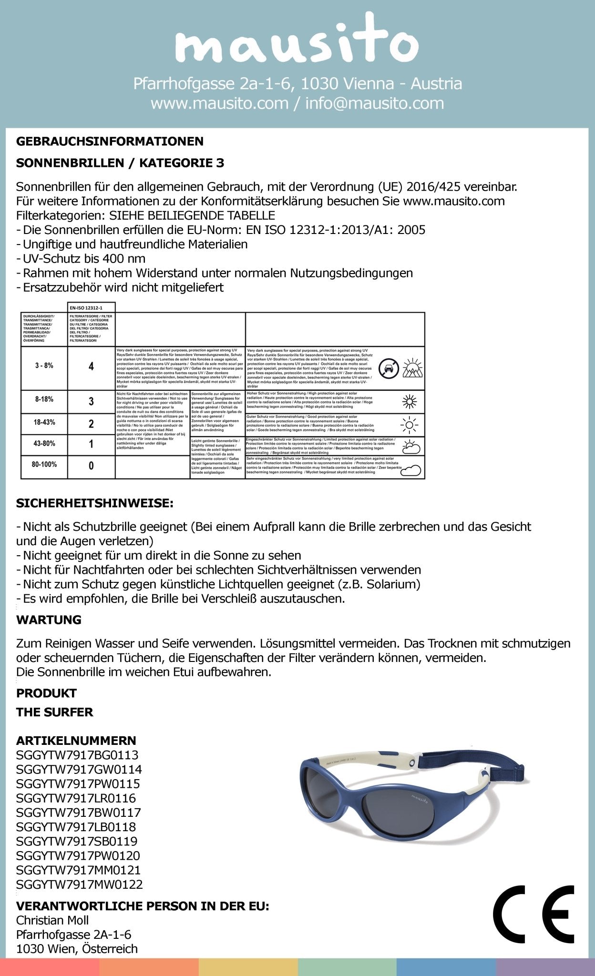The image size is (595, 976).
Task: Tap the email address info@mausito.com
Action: click(x=374, y=103)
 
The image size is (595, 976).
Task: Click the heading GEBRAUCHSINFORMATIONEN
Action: click(x=110, y=141)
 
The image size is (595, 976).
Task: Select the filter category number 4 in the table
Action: click(x=91, y=366)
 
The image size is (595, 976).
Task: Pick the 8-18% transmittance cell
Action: click(x=44, y=399)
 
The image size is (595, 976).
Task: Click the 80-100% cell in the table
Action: click(x=44, y=464)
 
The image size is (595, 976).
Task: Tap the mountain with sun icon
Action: click(x=412, y=368)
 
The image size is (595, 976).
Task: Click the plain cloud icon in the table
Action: click(x=410, y=470)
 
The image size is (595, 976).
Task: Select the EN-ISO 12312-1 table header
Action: click(x=91, y=308)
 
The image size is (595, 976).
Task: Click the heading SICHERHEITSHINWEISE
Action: click(x=95, y=503)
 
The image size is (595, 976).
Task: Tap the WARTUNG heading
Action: click(x=49, y=620)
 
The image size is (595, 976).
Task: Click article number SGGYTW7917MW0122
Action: click(x=79, y=884)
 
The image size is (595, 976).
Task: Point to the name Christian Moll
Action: click(x=52, y=920)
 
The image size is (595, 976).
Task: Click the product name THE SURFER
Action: click(x=54, y=712)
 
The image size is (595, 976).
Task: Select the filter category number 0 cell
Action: click(x=91, y=466)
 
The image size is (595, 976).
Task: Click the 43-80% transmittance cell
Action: click(x=44, y=443)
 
